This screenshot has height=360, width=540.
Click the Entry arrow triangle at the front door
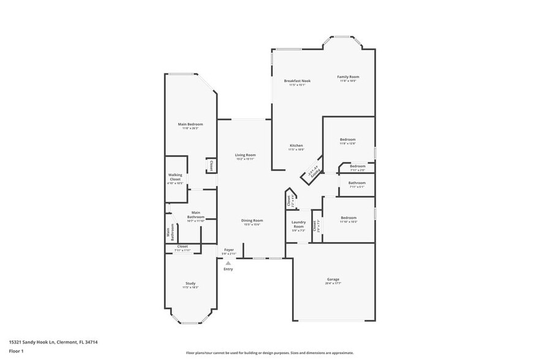pos(228,263)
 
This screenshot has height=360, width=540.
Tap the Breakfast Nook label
pos(297,81)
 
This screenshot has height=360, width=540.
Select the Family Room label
pos(348,77)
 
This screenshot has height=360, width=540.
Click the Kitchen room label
pos(296,146)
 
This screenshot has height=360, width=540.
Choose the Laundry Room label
pos(298,224)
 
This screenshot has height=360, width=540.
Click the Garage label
pos(333,279)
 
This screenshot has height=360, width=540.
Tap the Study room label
pos(190,283)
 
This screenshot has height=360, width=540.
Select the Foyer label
pos(228,250)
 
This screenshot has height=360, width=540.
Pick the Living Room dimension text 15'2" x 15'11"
pos(245,159)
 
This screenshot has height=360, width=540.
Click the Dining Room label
pos(252,220)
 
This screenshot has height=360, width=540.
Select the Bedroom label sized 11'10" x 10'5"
pos(348,217)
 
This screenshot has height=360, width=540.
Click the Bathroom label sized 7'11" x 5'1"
pos(357,182)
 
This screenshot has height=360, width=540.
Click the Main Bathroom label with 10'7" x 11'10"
pos(196,214)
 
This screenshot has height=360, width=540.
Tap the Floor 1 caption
pos(16,351)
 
